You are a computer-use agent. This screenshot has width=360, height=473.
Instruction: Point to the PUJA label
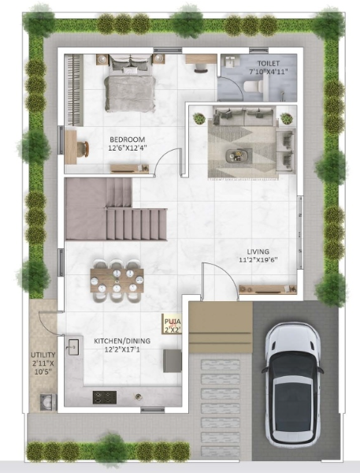[171, 322]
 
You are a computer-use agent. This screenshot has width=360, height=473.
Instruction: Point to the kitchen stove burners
[105, 397]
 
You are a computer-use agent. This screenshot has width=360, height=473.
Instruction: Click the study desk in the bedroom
[72, 147]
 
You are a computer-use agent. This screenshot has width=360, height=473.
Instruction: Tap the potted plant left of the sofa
[199, 118]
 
